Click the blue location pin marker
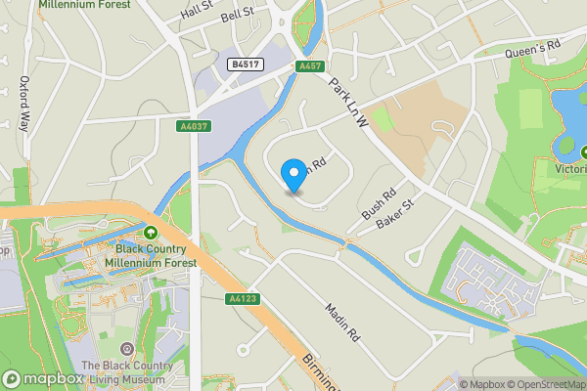[x=293, y=175]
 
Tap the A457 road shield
[x=310, y=65]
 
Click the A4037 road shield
[x=193, y=126]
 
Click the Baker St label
[x=395, y=213]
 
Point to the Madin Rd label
[x=341, y=320]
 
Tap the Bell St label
[x=237, y=17]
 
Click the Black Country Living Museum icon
[x=125, y=349]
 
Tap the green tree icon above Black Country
[x=150, y=234]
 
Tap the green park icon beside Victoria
[x=584, y=152]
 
